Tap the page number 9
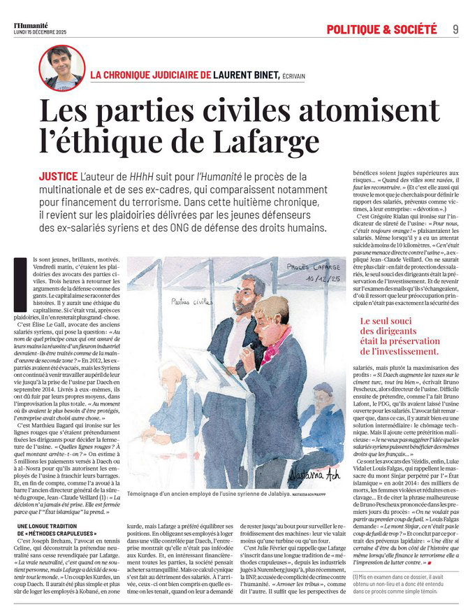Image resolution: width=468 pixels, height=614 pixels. pos(455,29)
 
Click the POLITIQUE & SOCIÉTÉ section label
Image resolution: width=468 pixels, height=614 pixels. pos(381,29)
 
